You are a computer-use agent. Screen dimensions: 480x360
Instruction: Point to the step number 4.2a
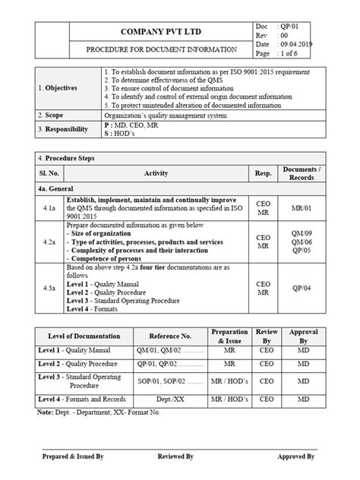49,242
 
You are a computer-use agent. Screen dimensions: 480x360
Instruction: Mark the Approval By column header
303,335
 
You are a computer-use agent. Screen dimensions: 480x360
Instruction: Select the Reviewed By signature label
175,457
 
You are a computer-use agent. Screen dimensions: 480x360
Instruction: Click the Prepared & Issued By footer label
74,457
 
